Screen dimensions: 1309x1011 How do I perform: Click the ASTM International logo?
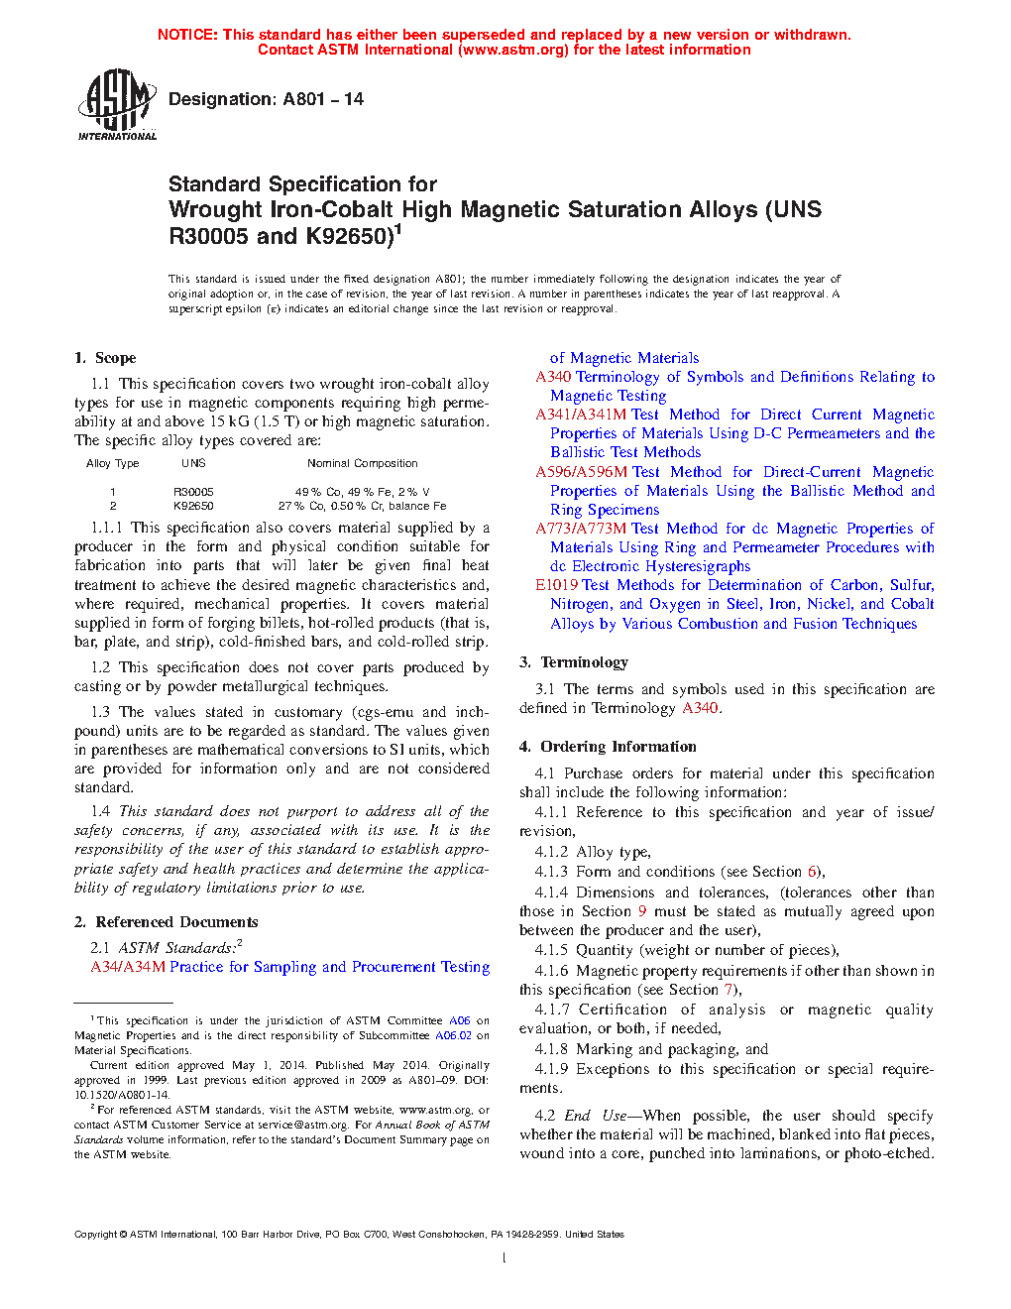117,104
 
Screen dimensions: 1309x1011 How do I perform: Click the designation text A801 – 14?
266,99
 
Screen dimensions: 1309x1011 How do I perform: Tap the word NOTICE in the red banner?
187,35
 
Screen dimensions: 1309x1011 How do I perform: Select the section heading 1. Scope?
105,358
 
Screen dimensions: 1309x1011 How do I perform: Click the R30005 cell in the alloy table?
193,492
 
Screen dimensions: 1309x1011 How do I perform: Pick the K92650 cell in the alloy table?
193,506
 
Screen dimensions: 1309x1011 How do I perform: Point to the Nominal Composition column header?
362,463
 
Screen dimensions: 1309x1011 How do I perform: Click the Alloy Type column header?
112,463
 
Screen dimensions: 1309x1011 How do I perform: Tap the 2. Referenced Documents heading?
166,922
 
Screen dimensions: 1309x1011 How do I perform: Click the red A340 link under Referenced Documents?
553,377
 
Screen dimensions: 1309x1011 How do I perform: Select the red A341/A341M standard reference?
581,415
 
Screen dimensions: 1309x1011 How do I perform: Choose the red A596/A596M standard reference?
582,472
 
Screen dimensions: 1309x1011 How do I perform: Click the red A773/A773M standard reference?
581,529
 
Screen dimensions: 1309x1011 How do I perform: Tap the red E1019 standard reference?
557,585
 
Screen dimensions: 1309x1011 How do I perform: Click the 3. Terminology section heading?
574,662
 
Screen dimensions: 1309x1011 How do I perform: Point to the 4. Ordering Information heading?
608,747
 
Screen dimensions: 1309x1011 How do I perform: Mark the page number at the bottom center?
505,1258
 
